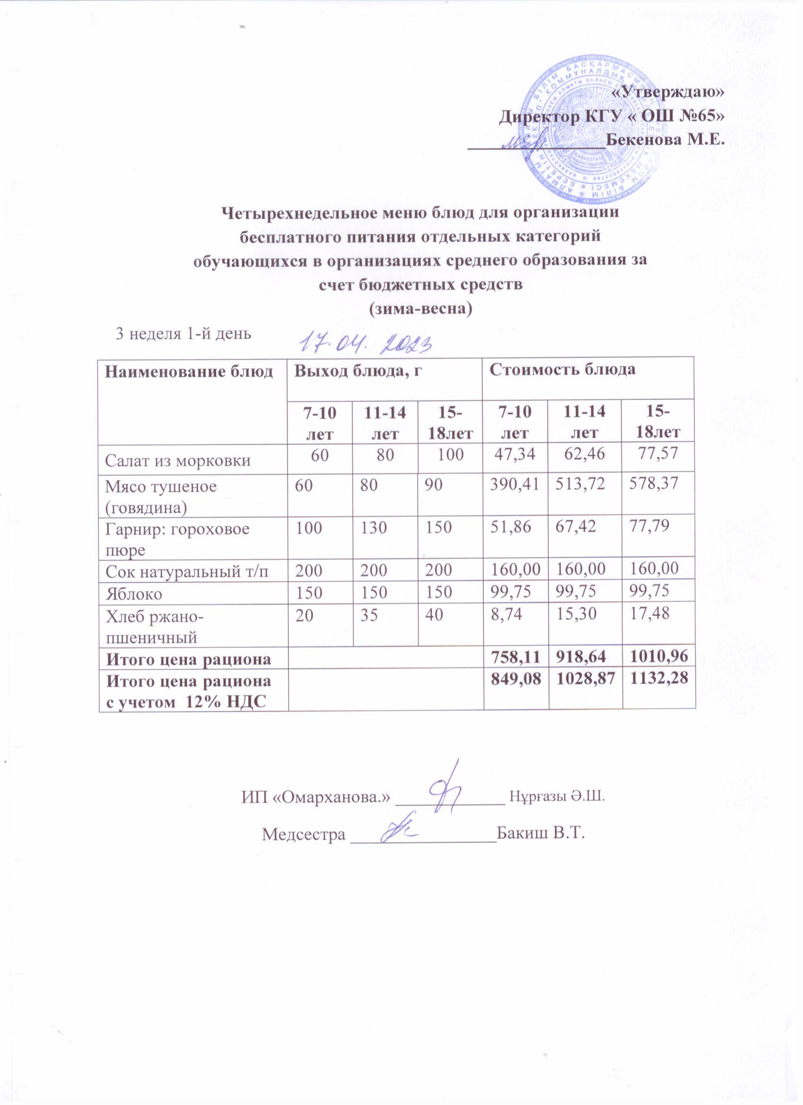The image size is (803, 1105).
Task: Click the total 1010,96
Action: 658,660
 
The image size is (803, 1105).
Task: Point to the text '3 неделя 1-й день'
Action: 183,334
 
